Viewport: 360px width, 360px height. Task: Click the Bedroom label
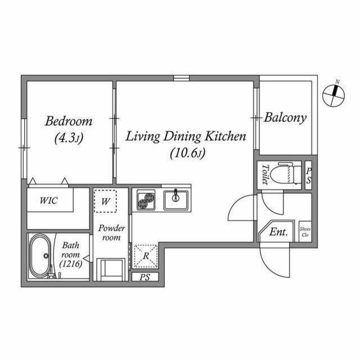[69, 121]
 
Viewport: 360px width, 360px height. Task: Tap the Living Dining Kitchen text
[186, 136]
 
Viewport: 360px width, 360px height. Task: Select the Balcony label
[285, 118]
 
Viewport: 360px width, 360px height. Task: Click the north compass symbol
[334, 95]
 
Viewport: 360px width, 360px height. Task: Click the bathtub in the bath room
[40, 256]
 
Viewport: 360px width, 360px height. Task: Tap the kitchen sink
[176, 200]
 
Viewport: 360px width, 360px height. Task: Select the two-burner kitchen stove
[146, 200]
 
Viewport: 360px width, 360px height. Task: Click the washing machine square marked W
[105, 201]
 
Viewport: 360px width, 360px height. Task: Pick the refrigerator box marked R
[146, 256]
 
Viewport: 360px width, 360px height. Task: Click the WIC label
[48, 200]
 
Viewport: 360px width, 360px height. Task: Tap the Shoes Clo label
[305, 232]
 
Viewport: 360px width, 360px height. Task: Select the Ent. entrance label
[278, 232]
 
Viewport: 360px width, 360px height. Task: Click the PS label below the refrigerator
[145, 277]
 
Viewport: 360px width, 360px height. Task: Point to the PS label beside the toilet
[309, 175]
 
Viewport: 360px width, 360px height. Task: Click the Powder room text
[111, 232]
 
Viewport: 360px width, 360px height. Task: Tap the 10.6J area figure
[187, 152]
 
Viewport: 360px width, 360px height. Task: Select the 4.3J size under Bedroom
[69, 138]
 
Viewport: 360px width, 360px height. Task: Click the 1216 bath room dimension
[71, 264]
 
